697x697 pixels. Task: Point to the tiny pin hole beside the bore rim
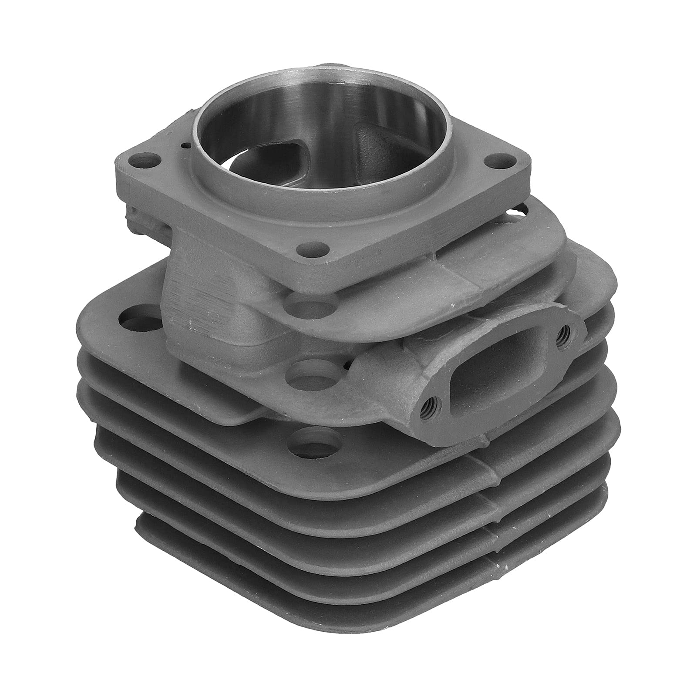[186, 158]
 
